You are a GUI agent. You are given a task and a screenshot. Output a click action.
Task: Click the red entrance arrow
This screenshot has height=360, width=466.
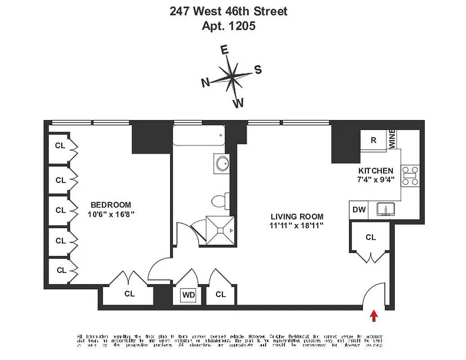point(374,316)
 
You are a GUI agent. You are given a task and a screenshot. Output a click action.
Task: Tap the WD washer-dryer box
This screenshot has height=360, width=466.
point(188,295)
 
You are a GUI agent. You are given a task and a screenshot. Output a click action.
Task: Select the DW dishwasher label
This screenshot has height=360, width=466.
point(359,210)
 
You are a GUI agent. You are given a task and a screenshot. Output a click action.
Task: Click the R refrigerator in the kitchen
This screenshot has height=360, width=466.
point(373,140)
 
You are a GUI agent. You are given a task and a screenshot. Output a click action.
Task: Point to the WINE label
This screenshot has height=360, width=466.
point(392,139)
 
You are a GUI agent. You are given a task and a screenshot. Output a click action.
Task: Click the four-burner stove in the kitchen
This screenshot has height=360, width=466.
point(410,176)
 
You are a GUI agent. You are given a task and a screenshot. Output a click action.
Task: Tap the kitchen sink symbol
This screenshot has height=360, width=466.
point(385,210)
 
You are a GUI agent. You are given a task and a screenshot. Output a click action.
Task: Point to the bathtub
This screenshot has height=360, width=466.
point(199,135)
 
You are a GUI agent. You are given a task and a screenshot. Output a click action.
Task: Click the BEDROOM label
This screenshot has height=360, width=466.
point(110,205)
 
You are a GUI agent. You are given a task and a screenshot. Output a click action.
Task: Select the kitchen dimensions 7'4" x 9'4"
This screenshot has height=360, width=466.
point(376,180)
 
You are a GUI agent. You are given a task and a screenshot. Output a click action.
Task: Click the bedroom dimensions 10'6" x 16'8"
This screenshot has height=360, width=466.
point(111,214)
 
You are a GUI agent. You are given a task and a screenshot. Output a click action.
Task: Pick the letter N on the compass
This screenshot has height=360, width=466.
point(205,82)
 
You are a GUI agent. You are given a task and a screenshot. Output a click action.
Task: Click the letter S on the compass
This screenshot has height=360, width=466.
point(258,70)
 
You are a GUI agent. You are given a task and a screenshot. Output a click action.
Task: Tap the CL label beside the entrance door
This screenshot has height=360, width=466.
point(371,237)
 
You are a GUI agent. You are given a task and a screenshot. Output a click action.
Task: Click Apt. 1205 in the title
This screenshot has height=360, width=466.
point(228,26)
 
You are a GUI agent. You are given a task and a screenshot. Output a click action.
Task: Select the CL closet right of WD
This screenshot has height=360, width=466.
point(220,294)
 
